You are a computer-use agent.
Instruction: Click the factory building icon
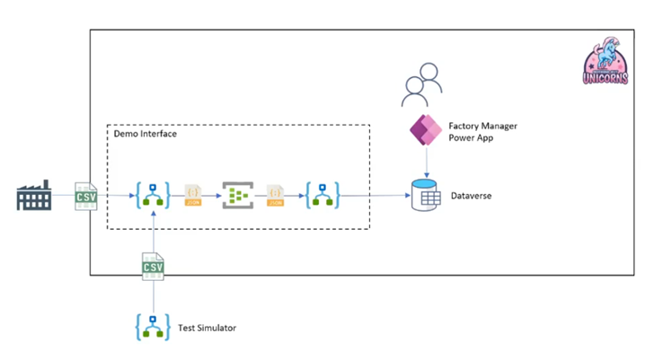click(x=35, y=195)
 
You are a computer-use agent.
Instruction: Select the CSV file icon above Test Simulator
click(x=154, y=268)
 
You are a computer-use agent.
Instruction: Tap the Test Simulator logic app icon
click(x=154, y=327)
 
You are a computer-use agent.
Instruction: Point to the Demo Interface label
click(x=146, y=134)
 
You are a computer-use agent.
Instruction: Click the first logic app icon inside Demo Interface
click(x=154, y=195)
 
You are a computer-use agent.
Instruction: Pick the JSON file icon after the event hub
click(x=278, y=196)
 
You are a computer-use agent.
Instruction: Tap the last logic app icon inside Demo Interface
click(x=322, y=195)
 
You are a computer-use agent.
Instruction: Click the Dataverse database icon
click(x=424, y=196)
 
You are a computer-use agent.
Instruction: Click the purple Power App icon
click(x=423, y=131)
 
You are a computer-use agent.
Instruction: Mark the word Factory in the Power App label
click(x=465, y=125)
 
